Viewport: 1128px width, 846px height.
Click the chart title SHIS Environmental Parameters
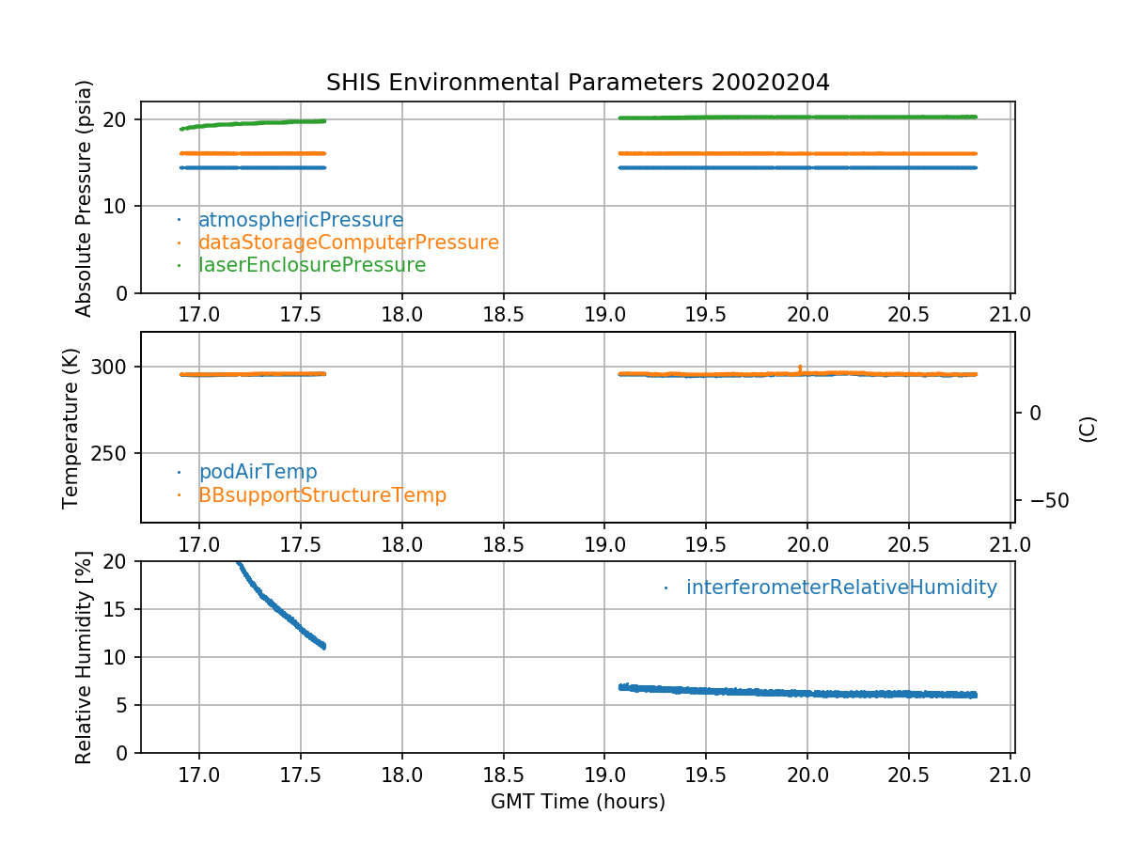click(x=578, y=83)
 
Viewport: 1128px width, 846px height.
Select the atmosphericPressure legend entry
click(x=300, y=220)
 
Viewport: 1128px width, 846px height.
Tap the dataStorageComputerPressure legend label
click(x=348, y=243)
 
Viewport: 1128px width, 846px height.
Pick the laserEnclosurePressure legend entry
click(x=311, y=265)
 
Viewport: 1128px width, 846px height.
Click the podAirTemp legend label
click(x=257, y=472)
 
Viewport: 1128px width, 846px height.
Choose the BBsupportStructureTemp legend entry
click(x=321, y=494)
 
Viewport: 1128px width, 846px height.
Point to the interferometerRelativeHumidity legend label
click(x=841, y=587)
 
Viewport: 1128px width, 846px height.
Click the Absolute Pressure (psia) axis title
click(x=85, y=197)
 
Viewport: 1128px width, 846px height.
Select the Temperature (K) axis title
click(x=72, y=428)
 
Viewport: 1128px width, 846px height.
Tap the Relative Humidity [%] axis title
click(x=85, y=658)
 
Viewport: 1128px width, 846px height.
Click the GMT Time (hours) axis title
click(x=578, y=802)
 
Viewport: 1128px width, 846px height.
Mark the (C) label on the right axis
click(x=1088, y=429)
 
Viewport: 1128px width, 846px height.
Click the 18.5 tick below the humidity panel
click(x=503, y=775)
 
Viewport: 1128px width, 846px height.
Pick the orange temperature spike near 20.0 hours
click(x=800, y=368)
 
